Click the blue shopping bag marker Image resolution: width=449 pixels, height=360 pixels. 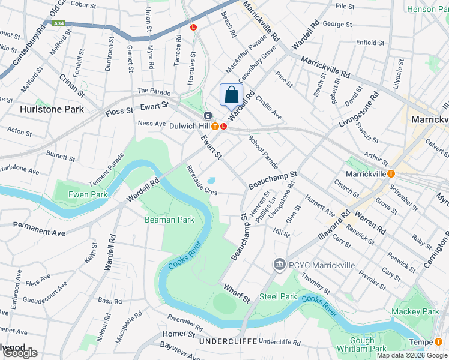[x=231, y=95]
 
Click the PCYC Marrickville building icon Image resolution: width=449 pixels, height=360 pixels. [x=279, y=265]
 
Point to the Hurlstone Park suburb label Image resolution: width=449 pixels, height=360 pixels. [x=51, y=109]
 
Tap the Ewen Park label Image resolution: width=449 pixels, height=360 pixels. [x=88, y=194]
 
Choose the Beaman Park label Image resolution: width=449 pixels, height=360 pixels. [x=169, y=220]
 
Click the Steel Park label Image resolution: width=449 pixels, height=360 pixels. [x=278, y=296]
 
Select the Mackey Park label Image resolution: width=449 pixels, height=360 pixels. [x=415, y=311]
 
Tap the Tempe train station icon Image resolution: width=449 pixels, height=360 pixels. [x=438, y=342]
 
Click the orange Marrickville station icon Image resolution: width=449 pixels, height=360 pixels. [x=391, y=174]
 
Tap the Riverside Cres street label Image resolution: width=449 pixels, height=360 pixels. [x=201, y=181]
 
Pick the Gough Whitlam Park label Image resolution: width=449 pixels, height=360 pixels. [x=370, y=344]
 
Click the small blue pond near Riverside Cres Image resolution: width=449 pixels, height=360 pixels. [x=211, y=180]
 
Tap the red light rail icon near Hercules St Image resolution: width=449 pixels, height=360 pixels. [x=193, y=27]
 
